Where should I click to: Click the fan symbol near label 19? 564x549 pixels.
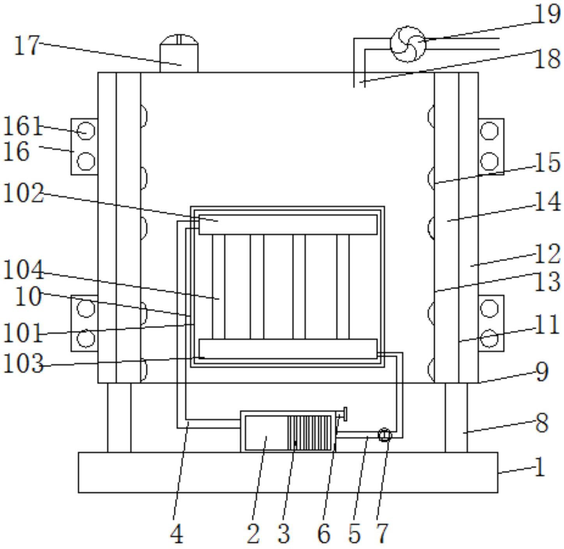point(408,44)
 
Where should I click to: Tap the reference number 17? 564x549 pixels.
point(27,46)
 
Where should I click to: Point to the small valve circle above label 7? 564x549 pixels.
point(385,434)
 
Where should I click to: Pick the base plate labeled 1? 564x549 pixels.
point(288,472)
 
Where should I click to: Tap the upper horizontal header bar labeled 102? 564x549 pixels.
point(288,224)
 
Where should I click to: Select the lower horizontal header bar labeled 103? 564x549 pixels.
point(288,348)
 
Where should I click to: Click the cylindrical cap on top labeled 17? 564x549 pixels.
point(179,54)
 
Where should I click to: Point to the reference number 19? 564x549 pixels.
point(548,14)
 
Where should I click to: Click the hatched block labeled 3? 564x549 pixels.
point(309,432)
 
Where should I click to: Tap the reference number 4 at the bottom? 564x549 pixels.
point(177,534)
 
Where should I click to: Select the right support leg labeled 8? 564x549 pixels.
point(456,417)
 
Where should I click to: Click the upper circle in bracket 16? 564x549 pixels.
point(86,131)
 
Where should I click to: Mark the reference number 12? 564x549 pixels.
point(548,254)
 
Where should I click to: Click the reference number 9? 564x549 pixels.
point(542,372)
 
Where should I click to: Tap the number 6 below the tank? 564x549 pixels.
point(324,534)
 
